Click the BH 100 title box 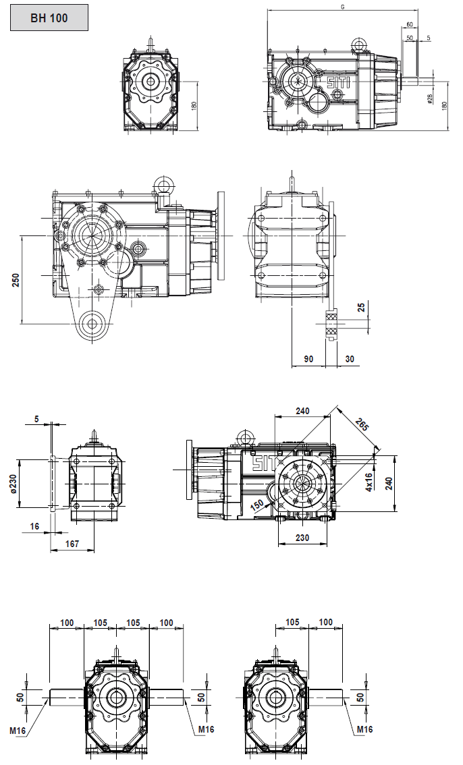49,18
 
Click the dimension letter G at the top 343,7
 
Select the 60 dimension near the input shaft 410,25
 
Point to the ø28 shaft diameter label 430,98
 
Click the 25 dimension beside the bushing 362,308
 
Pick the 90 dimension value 308,359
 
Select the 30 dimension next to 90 350,359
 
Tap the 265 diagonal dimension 362,426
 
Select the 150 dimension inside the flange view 256,505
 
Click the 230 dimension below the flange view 302,538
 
